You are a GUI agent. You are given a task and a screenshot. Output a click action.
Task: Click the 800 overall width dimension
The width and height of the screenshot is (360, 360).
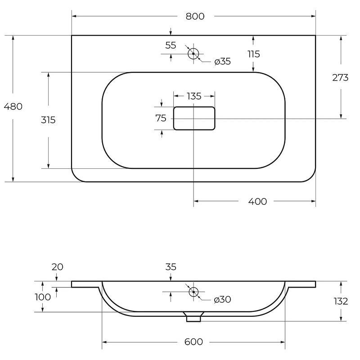coord(195,16)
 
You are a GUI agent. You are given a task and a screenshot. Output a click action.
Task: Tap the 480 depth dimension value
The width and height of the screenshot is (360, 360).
coord(13,107)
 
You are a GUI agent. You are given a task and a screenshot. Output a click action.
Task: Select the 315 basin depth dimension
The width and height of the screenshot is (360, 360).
coord(48,120)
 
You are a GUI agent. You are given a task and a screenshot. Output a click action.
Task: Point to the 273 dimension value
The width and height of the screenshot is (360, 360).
coord(340,77)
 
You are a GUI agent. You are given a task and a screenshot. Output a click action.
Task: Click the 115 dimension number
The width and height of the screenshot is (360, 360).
coord(254,54)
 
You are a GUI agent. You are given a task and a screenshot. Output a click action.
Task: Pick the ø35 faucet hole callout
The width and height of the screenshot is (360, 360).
coord(222,62)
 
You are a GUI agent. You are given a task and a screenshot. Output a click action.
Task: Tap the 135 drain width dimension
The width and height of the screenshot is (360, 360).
coord(194,96)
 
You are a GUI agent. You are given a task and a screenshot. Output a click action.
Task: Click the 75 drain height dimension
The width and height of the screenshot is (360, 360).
coord(161,118)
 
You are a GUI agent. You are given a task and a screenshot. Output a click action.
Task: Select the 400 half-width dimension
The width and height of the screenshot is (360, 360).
coord(257,202)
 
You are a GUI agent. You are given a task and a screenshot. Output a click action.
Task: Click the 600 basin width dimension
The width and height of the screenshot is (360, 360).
coord(193,342)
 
